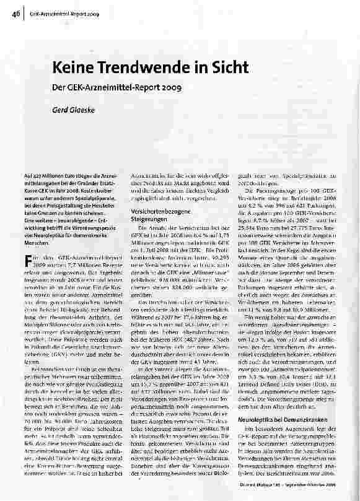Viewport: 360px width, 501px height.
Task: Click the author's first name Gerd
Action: tap(59, 110)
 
